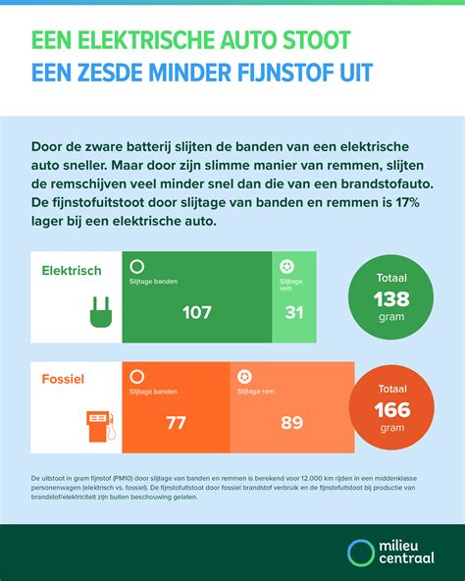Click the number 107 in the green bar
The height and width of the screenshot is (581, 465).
pos(197,312)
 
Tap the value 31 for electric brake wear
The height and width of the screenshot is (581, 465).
pos(293,312)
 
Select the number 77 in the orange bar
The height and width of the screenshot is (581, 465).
pos(177,423)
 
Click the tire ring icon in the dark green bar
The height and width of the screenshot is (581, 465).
pos(136,266)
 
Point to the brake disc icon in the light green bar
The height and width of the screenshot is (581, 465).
pos(285,266)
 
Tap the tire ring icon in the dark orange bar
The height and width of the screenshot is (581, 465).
pos(136,376)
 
